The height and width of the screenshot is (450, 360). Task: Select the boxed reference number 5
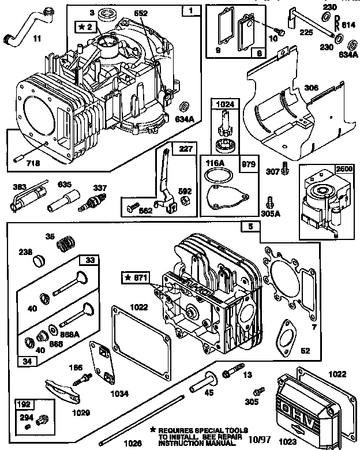pos(250,227)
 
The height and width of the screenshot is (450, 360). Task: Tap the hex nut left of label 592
pos(186,200)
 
